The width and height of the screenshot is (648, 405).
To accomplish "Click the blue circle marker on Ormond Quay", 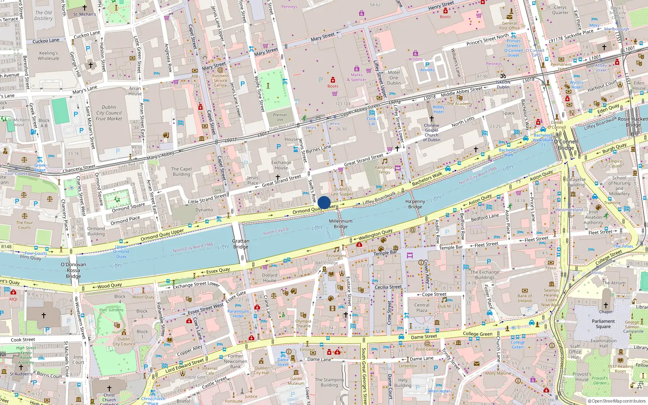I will tap(324, 203).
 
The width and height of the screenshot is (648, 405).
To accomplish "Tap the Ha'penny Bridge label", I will tap(415, 204).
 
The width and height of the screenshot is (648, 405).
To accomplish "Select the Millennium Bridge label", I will tap(341, 224).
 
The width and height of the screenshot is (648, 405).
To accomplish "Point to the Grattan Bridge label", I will tap(241, 244).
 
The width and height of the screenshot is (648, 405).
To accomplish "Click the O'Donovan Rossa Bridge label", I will tap(73, 270).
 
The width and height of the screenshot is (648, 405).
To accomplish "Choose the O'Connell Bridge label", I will tap(566, 145).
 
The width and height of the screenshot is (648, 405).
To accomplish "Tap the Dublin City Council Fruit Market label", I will tap(109, 113).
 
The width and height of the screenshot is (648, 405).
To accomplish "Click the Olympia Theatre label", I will tap(303, 324).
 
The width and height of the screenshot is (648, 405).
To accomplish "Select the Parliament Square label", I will tap(603, 324).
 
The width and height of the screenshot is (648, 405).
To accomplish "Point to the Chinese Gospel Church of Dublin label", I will tap(431, 132).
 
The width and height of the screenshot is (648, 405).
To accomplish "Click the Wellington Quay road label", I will tap(375, 234).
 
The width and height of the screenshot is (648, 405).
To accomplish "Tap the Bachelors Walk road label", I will tap(427, 179).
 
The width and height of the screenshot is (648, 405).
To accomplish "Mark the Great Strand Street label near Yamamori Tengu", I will tap(363, 159).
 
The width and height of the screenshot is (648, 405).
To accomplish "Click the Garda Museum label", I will tap(296, 381).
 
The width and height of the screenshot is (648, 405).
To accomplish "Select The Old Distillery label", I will tap(43, 15).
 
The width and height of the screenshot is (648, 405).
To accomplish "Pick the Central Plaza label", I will tap(422, 308).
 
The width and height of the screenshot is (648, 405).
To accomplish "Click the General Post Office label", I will tap(509, 26).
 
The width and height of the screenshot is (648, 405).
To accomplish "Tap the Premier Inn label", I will tap(280, 117).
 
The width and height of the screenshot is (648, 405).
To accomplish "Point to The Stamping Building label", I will tap(329, 382).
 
